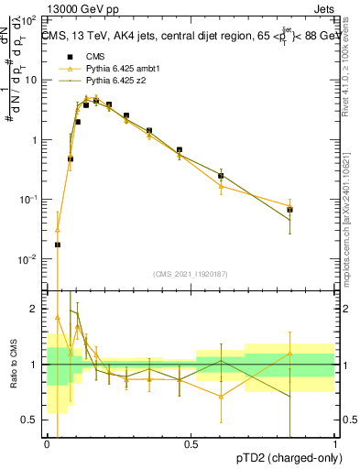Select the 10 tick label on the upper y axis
tap(32, 81)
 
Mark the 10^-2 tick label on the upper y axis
tap(30, 259)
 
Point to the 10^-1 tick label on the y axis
tap(30, 200)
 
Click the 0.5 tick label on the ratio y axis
tap(33, 420)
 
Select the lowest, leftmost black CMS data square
tap(58, 245)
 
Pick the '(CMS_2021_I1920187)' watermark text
tap(191, 274)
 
